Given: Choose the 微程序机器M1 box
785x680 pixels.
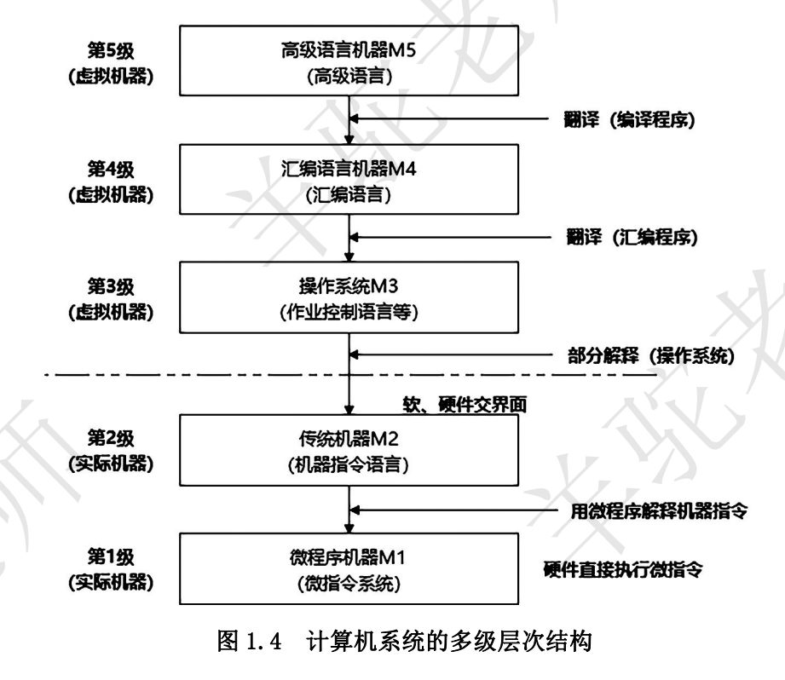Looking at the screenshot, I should pyautogui.click(x=349, y=568).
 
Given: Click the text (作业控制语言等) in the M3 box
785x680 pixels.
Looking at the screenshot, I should pyautogui.click(x=349, y=312).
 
